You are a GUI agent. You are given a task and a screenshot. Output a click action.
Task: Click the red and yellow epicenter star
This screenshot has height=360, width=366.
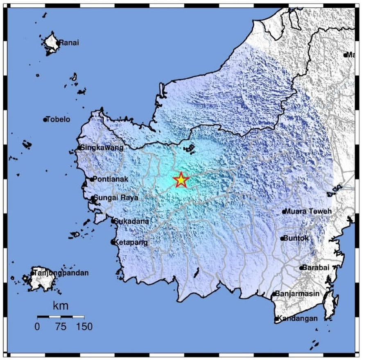[x=181, y=180]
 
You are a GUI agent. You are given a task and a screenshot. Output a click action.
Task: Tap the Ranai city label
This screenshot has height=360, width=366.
[x=69, y=43]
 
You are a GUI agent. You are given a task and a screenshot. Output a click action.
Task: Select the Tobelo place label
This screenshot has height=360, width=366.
[x=59, y=119]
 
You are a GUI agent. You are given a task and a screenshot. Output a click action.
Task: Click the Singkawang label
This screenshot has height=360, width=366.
[x=102, y=148]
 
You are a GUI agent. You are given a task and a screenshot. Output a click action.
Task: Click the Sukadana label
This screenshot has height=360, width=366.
[x=131, y=221]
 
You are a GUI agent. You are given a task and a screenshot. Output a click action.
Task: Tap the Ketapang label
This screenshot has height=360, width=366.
[x=131, y=242]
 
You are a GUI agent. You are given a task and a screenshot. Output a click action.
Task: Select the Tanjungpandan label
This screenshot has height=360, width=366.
[x=61, y=273]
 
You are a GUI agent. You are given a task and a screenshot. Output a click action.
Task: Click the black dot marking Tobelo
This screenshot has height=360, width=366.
[x=45, y=120]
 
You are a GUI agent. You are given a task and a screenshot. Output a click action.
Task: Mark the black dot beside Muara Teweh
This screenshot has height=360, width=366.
[x=284, y=212]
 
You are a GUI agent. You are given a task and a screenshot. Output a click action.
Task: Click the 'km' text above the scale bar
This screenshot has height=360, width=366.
[x=61, y=306]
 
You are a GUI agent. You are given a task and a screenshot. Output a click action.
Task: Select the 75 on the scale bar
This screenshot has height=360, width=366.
[x=61, y=327]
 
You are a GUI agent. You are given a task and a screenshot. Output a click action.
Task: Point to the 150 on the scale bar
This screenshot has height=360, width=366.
[x=84, y=327]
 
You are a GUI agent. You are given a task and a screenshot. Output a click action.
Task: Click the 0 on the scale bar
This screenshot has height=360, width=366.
[x=37, y=327]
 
